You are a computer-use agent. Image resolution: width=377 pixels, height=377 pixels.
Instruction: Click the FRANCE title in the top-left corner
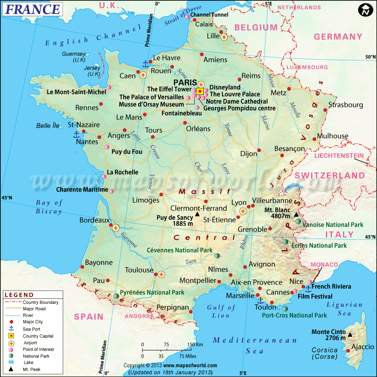click(32, 9)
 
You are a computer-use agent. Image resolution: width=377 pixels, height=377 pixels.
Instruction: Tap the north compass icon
click(365, 10)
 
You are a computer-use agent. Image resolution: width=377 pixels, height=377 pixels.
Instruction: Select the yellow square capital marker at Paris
click(200, 91)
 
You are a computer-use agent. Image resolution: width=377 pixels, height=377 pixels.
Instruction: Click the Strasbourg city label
click(345, 105)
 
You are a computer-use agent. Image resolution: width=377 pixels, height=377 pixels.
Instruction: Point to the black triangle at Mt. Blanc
click(296, 215)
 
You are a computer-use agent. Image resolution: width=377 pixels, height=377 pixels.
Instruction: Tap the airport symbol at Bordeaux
click(116, 227)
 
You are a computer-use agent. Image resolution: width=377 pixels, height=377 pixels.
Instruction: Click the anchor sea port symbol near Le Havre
click(144, 64)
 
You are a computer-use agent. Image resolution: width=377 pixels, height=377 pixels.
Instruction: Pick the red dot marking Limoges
click(161, 195)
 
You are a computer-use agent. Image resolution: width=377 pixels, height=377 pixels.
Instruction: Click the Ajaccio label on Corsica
click(363, 347)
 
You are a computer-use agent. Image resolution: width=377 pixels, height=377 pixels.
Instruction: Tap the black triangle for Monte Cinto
click(350, 334)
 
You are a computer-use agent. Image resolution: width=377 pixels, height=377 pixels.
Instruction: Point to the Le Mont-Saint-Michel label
click(77, 92)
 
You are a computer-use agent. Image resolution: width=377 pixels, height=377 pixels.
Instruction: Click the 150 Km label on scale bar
click(195, 345)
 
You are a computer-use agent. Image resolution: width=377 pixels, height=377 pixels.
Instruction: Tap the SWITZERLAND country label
click(330, 175)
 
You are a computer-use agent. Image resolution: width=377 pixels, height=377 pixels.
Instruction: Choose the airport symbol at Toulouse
click(161, 274)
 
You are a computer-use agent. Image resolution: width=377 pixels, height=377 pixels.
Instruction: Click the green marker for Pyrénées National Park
click(116, 296)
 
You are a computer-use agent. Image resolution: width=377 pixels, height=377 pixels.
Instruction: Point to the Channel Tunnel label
click(209, 15)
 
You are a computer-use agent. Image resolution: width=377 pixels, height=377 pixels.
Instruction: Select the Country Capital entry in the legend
click(38, 336)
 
